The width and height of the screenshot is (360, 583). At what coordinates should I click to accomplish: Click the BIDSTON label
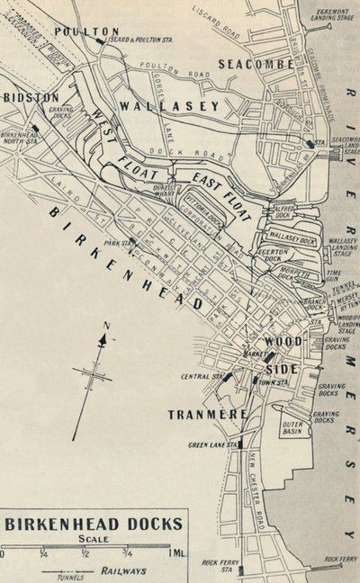31,96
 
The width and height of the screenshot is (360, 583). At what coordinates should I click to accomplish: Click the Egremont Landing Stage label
332,11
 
